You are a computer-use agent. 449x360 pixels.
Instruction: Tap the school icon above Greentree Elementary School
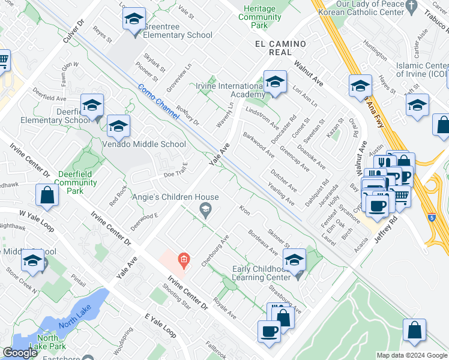coord(134,20)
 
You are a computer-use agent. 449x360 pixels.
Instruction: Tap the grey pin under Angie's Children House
coord(205,209)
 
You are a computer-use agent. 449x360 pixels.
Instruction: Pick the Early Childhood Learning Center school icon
coord(294,260)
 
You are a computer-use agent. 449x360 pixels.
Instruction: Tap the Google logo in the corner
coord(20,353)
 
